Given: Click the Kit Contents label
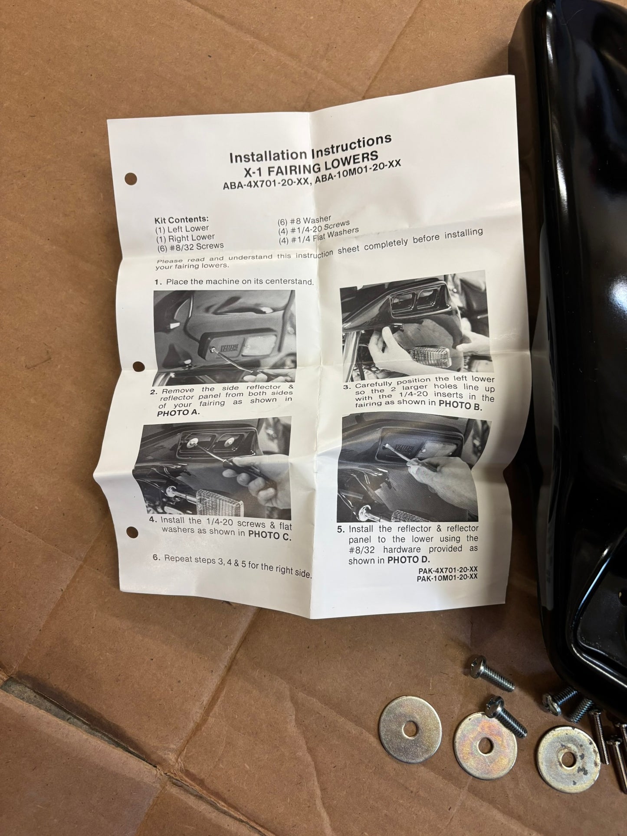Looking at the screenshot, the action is point(181,220).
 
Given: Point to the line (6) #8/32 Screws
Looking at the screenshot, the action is point(190,246).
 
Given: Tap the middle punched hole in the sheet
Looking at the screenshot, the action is point(138,366).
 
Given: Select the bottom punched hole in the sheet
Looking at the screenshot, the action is point(132,532).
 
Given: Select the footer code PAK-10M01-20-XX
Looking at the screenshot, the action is point(447,577).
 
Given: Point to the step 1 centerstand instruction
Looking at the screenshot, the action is point(234,282).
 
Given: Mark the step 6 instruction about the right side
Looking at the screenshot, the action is point(232,564).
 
